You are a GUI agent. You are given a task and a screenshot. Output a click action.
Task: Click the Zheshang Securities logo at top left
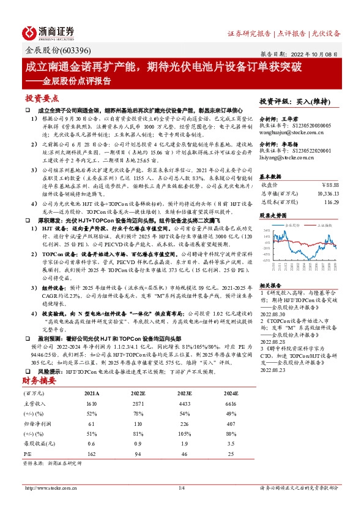click(49, 32)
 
